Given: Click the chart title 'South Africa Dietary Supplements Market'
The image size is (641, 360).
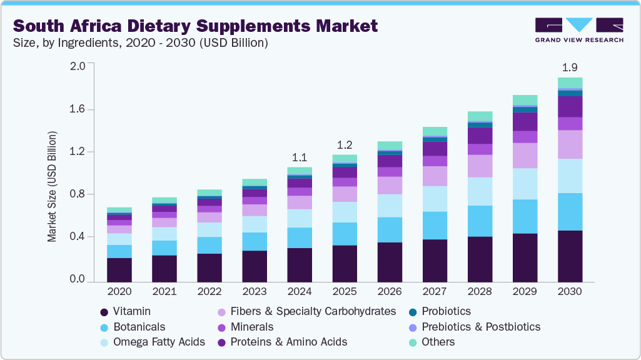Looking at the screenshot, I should coord(195,26).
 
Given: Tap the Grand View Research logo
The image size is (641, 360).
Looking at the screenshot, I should coord(578,30).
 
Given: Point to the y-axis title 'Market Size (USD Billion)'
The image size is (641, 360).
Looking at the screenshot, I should coord(53,187).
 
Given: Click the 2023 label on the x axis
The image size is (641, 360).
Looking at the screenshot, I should coord(255,292).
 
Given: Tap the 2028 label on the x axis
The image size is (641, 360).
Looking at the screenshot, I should coord(480,292).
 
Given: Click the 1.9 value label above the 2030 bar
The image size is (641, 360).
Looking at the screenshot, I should coord(570,67).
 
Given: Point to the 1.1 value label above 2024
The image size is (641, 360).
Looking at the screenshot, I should coord(300,157).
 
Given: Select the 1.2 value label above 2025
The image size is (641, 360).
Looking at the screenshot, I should coord(345,144).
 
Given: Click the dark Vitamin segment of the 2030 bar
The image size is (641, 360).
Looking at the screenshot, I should coord(570,256).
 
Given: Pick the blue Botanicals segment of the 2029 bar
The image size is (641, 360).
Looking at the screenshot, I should coord(525,216).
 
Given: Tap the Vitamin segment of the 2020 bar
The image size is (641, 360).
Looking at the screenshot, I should coord(119,270).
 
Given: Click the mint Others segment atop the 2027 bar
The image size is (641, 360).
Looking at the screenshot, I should coord(435,131).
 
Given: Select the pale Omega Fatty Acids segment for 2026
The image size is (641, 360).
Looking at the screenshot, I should coord(390,206).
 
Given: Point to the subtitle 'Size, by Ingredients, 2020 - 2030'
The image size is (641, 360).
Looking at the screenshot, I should coord(141,43).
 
